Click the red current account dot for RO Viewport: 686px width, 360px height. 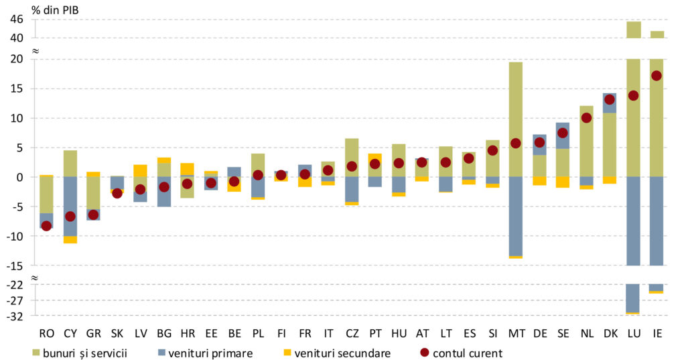(x=46, y=226)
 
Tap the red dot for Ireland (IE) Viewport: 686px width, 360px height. (x=657, y=76)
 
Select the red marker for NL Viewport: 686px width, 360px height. (x=586, y=118)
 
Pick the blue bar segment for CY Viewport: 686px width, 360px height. (x=70, y=206)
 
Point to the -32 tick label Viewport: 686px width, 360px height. (x=15, y=315)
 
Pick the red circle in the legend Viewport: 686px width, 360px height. (x=424, y=352)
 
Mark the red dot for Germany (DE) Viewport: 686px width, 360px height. (x=539, y=142)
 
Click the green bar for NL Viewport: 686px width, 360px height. (x=586, y=141)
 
